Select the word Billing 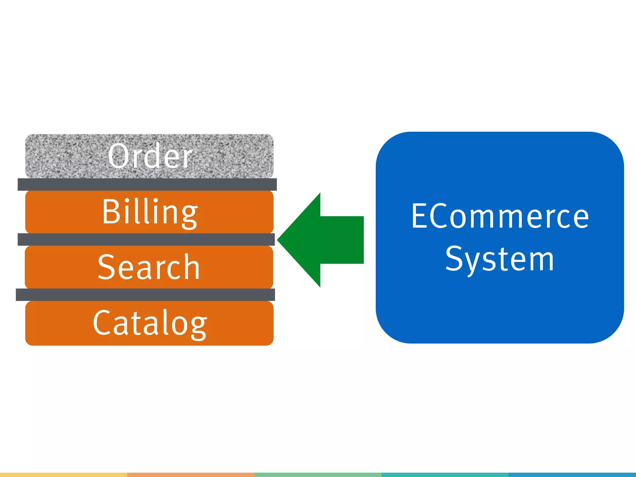pos(150,212)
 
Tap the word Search pos(149,267)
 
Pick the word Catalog pos(150,323)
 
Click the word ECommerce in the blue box pos(500,216)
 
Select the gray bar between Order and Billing pos(147,184)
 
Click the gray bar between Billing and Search pos(146,239)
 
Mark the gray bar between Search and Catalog pos(145,295)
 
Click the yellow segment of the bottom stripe pos(63,475)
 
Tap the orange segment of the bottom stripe pos(191,475)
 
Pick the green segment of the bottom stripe pos(318,475)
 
